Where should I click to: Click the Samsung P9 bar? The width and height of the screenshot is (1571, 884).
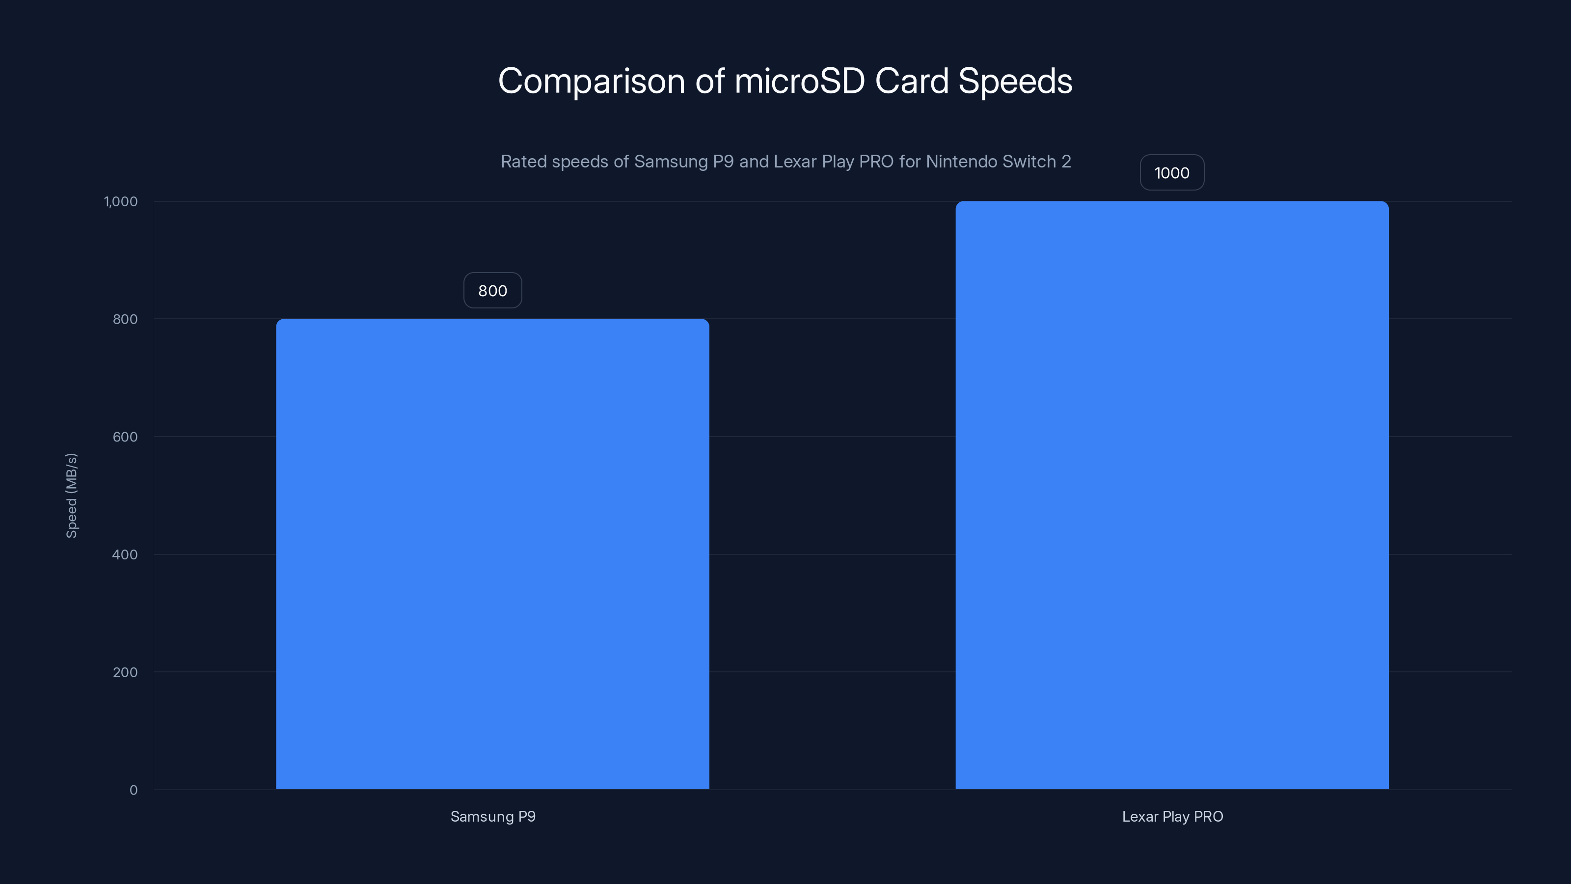click(x=492, y=554)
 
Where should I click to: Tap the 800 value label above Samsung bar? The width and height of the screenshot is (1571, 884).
click(x=492, y=290)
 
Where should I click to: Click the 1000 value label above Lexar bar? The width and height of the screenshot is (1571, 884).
click(x=1171, y=173)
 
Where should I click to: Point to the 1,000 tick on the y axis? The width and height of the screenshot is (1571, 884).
click(x=121, y=201)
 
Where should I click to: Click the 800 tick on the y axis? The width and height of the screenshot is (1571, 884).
click(x=125, y=319)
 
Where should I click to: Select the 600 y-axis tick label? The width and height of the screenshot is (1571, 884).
click(x=125, y=437)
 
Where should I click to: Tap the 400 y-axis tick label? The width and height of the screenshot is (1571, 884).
click(x=125, y=554)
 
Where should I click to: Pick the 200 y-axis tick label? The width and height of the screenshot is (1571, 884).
click(x=125, y=672)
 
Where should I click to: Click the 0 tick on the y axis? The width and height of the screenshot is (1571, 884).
click(x=134, y=790)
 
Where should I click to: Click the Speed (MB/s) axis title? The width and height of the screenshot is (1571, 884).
click(x=71, y=496)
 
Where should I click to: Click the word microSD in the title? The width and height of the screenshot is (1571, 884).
click(x=799, y=81)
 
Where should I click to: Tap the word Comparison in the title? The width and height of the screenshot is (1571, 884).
click(x=591, y=81)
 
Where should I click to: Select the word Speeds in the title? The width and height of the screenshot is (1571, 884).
click(x=1015, y=81)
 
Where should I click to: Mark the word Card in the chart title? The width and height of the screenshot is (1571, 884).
click(x=912, y=81)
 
